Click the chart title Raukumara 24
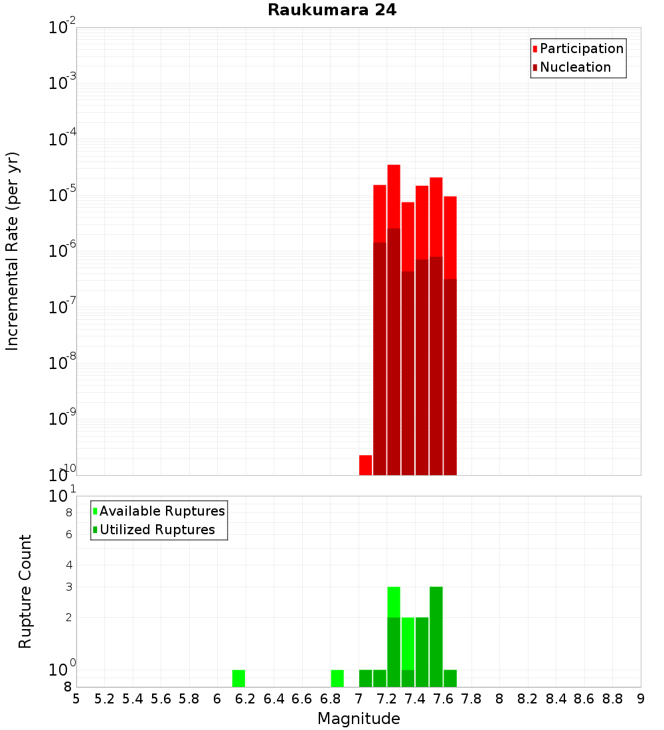tap(332, 11)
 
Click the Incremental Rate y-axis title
tap(12, 252)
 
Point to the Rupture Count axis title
tap(25, 591)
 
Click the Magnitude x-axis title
tap(359, 719)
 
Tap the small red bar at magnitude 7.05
tap(365, 465)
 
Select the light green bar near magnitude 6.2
tap(238, 678)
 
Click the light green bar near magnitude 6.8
tap(337, 678)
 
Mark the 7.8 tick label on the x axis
tap(471, 699)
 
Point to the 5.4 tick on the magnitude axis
tap(133, 699)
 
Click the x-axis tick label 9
tap(641, 699)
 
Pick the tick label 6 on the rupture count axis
tap(68, 535)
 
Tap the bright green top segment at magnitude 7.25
tap(394, 601)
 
